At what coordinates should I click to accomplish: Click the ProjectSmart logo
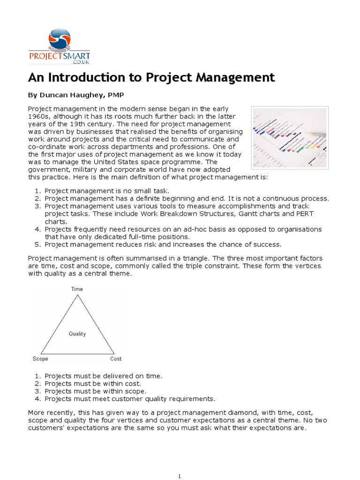click(x=60, y=46)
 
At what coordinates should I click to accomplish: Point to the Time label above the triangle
click(x=77, y=289)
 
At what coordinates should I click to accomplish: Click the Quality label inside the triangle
click(x=77, y=334)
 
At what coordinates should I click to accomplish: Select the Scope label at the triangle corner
click(x=40, y=359)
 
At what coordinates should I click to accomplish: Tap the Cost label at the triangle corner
click(x=115, y=359)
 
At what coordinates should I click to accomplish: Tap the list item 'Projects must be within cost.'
click(x=92, y=383)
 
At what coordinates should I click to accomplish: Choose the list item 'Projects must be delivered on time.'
click(x=103, y=376)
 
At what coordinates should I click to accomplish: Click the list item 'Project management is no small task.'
click(x=106, y=191)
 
